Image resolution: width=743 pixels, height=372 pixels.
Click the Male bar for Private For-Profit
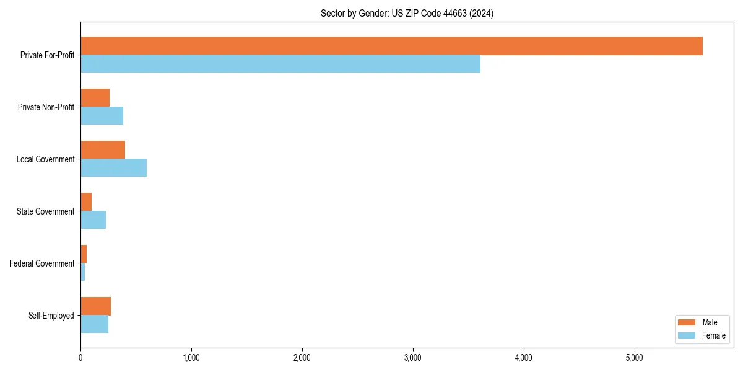(391, 46)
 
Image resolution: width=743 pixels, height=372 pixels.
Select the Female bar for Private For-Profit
(280, 63)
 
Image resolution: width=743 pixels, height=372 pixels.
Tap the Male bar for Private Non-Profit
(95, 98)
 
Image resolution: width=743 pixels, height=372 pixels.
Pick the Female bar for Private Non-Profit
(102, 115)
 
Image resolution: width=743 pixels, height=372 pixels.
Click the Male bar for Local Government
(103, 150)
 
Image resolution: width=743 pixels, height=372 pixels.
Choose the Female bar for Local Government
(113, 167)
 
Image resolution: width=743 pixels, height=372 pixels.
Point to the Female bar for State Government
(93, 219)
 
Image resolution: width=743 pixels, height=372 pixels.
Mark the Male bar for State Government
(86, 202)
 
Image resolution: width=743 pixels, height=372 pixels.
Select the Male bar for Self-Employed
(95, 306)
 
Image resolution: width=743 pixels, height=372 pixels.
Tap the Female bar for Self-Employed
(94, 324)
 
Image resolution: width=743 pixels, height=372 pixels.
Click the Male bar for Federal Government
(84, 254)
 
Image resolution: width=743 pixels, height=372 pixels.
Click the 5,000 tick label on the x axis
(635, 358)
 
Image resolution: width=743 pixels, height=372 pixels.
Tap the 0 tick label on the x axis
(80, 358)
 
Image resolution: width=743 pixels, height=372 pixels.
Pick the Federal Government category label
(42, 263)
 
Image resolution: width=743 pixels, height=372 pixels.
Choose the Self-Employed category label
(51, 316)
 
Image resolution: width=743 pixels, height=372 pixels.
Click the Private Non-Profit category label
(46, 107)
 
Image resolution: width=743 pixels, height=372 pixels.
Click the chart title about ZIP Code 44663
(407, 13)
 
